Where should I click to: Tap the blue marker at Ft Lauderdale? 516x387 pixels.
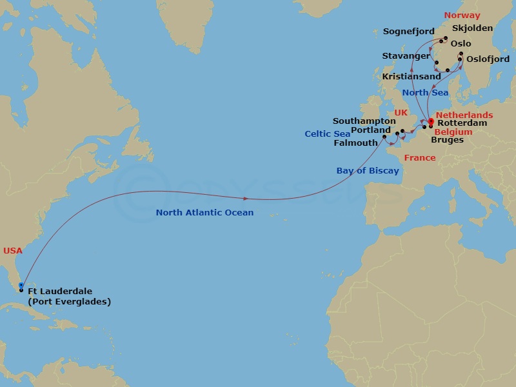(x=21, y=284)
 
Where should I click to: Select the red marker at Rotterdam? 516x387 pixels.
(x=431, y=120)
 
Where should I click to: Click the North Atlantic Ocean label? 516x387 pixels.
(x=204, y=212)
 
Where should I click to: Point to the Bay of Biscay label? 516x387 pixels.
(x=368, y=171)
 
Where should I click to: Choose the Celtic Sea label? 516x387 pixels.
(x=328, y=134)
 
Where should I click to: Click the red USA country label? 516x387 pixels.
(x=13, y=250)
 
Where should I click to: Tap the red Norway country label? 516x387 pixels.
(x=462, y=15)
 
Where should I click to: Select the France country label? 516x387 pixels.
(x=419, y=157)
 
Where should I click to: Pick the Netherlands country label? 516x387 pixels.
(x=464, y=115)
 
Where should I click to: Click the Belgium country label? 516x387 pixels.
(x=454, y=132)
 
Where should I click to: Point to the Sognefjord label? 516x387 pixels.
(x=409, y=31)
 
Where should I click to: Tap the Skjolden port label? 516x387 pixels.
(x=472, y=28)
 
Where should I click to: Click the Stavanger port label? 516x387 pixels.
(x=406, y=56)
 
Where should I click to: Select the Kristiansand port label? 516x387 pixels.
(x=412, y=76)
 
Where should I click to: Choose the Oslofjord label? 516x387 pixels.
(x=488, y=59)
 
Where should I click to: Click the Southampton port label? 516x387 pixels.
(x=364, y=121)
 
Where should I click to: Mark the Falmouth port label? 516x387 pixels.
(x=355, y=143)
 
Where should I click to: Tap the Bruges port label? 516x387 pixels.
(x=448, y=139)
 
